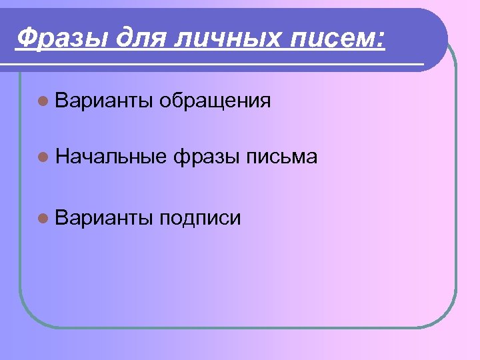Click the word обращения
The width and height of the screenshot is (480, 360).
215,101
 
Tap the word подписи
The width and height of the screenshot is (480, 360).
200,218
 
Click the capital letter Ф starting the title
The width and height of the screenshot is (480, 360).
25,37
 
